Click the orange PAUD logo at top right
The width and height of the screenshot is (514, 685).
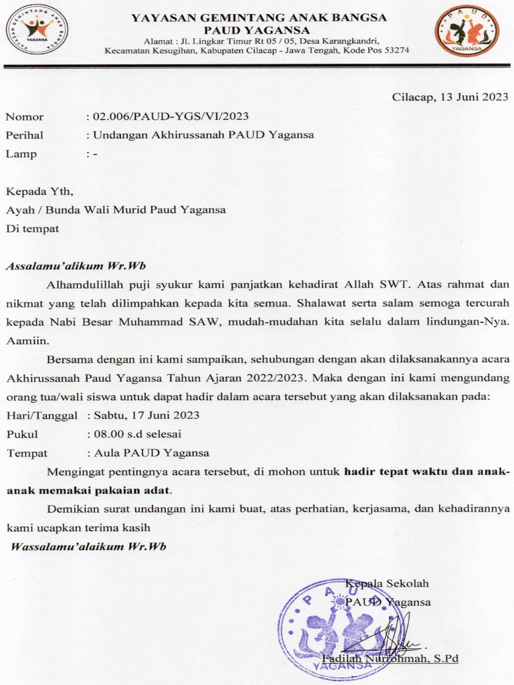click(x=466, y=31)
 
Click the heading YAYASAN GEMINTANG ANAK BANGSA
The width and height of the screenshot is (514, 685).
click(x=258, y=18)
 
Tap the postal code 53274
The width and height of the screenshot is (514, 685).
click(x=394, y=50)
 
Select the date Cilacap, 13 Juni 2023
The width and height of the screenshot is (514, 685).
click(x=450, y=96)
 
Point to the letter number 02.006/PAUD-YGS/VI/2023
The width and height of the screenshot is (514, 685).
click(x=171, y=116)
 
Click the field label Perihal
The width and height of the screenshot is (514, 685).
click(x=24, y=135)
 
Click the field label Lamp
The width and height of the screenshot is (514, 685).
click(x=21, y=154)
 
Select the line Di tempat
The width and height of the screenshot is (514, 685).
click(x=32, y=228)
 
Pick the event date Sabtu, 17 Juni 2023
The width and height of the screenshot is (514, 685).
click(x=147, y=415)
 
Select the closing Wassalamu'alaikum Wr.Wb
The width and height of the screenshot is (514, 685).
click(x=88, y=547)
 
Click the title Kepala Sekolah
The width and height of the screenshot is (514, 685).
click(x=387, y=583)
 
